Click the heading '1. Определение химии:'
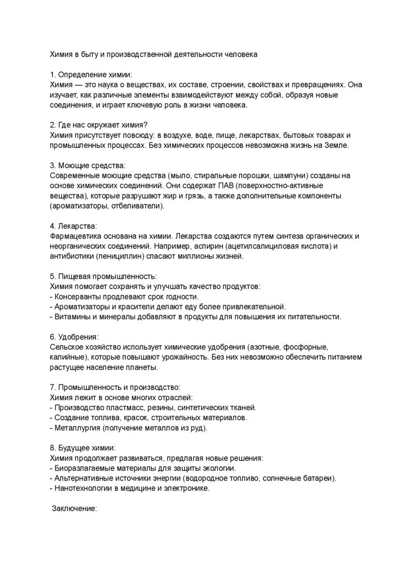tap(91, 75)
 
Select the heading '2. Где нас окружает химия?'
tap(99, 125)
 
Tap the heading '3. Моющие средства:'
tap(88, 165)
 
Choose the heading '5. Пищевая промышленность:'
tap(103, 276)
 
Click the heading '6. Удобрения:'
tap(74, 337)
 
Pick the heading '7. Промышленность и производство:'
tap(115, 387)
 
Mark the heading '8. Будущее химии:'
tap(83, 448)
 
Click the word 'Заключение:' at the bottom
tap(75, 508)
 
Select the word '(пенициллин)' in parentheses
tap(120, 257)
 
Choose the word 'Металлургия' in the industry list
tap(76, 428)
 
